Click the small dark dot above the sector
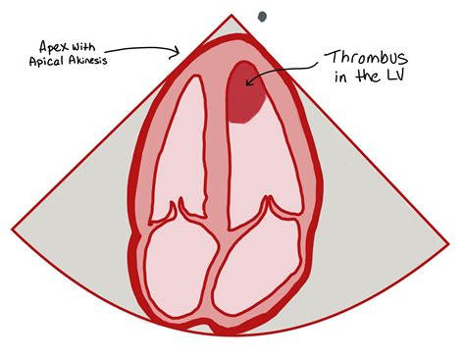pyautogui.click(x=262, y=16)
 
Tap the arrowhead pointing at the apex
pyautogui.click(x=177, y=52)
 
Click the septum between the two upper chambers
pyautogui.click(x=207, y=137)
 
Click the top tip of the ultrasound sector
pyautogui.click(x=232, y=17)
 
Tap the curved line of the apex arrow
pyautogui.click(x=142, y=45)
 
